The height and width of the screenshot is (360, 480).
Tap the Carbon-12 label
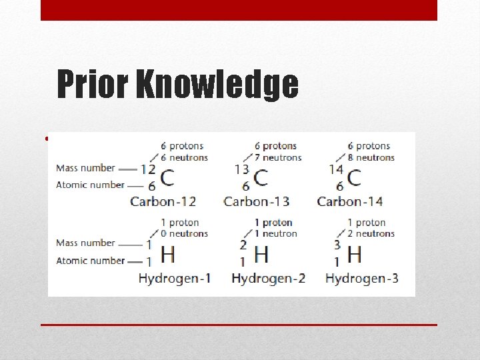pos(163,201)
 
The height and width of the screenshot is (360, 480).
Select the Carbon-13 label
pos(257,201)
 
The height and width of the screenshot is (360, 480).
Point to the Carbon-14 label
pos(350,201)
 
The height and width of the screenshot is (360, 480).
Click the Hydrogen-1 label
pos(174,278)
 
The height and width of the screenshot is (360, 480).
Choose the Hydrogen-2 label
pos(268,278)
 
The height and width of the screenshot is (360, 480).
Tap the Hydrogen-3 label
pos(361,278)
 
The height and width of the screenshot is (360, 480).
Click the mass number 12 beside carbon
pos(148,170)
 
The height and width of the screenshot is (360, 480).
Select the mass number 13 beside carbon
pos(241,170)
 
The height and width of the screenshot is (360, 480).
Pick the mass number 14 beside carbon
pos(336,170)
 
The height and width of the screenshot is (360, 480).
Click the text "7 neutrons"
pos(278,158)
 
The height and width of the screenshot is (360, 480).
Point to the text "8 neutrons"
pos(371,158)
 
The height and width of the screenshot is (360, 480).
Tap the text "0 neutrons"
pos(185,234)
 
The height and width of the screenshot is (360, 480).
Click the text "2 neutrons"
pos(371,234)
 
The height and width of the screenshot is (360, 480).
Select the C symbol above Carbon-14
pos(354,179)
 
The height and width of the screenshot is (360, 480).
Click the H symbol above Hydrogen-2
pos(261,254)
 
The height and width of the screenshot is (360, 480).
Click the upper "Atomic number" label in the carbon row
pos(90,185)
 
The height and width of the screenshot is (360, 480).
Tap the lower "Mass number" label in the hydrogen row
pos(85,243)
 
